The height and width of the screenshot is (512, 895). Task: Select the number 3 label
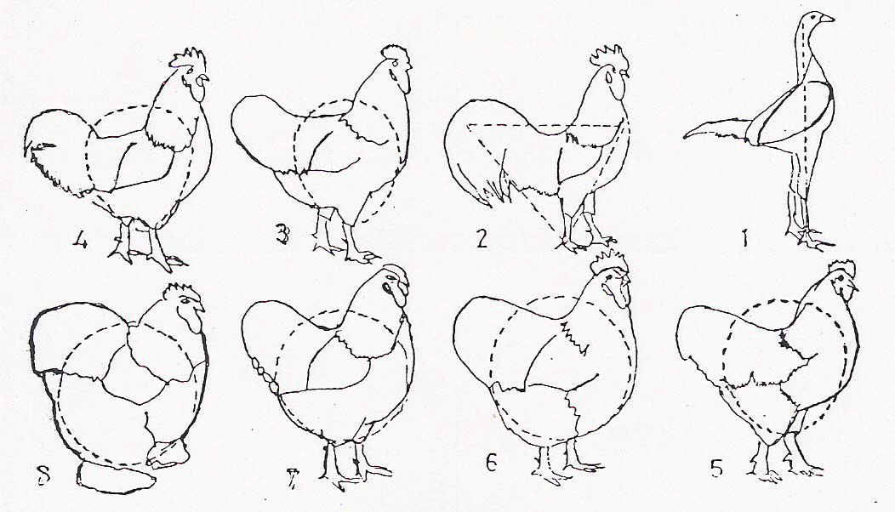coord(282,235)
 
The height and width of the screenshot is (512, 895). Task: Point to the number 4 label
coord(80,241)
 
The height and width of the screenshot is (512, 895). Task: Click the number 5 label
coord(717,469)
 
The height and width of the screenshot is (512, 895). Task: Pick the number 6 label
coord(492,463)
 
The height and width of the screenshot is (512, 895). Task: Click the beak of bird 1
coord(827,19)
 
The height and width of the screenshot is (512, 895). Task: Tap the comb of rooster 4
coord(188,60)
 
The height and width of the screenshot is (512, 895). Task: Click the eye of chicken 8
coord(186,301)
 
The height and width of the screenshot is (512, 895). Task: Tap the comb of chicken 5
coord(841,269)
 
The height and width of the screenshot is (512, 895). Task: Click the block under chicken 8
coord(114,478)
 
